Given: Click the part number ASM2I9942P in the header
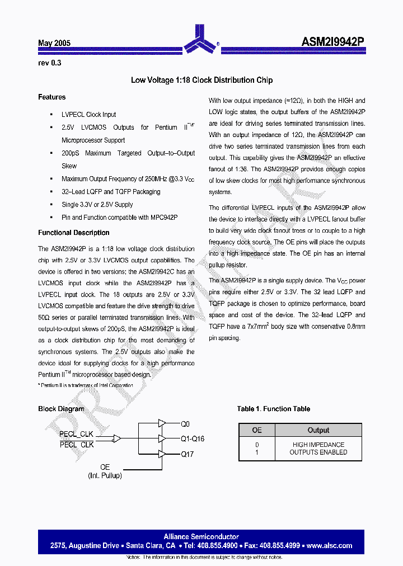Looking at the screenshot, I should [x=333, y=42].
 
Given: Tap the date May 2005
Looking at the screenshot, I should [x=54, y=43].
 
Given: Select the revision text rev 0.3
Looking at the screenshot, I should [x=49, y=63].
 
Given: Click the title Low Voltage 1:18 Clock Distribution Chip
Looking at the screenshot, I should [x=201, y=80].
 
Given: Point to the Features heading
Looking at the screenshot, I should [x=51, y=97].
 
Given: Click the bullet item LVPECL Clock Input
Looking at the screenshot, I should [x=88, y=115].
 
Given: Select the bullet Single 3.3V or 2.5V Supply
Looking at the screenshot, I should [x=97, y=205].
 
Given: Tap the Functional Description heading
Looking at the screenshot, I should [x=73, y=233].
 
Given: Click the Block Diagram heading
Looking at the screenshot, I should [x=61, y=409].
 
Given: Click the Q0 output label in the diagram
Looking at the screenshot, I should [x=185, y=424].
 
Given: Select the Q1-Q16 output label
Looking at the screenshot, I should [x=192, y=439].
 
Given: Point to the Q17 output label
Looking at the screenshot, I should [x=187, y=454].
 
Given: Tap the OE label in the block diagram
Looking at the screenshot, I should [x=105, y=467].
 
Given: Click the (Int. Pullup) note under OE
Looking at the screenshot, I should [x=105, y=475].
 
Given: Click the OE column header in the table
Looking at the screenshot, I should [x=257, y=430].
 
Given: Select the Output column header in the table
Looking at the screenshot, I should [x=318, y=430].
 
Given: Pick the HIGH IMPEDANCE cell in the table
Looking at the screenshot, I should [x=318, y=445].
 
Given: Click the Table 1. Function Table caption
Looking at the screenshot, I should [x=273, y=409].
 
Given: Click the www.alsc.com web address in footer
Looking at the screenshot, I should [x=329, y=546].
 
